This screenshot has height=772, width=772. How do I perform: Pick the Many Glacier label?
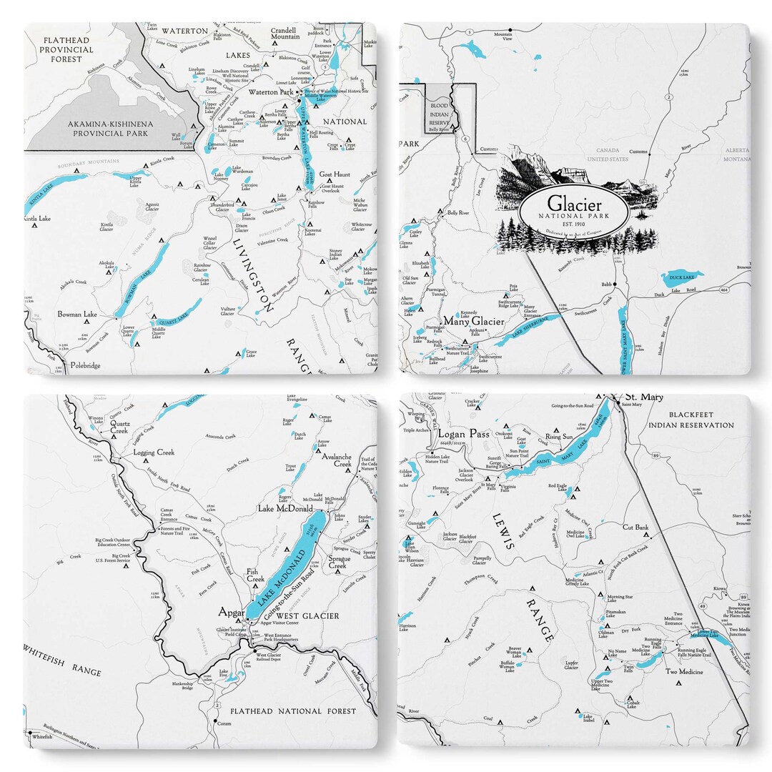[x=474, y=322]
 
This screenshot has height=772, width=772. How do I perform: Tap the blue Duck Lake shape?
[x=685, y=275]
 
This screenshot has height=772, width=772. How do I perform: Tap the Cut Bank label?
[x=635, y=528]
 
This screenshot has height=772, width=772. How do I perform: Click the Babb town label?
[x=607, y=284]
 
